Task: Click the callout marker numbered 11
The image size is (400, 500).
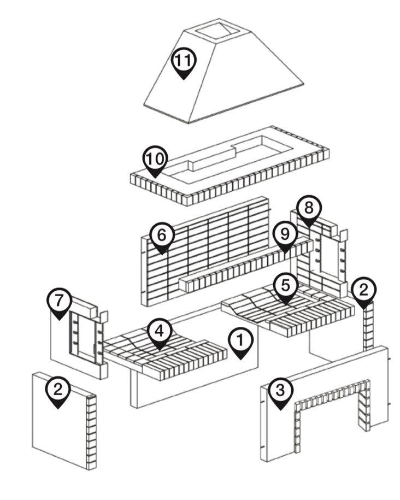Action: pos(184,61)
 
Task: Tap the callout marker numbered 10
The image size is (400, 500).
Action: pos(155,160)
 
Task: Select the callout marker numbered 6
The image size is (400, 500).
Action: pos(162,237)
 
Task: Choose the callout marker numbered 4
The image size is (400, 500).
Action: pos(159,332)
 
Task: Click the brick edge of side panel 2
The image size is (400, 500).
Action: pos(91,432)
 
